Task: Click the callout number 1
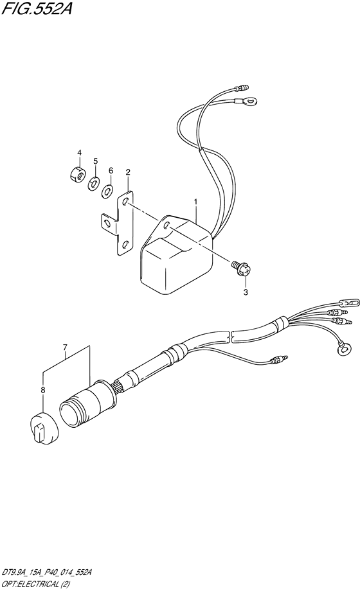click(x=195, y=202)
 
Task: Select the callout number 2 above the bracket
click(x=128, y=172)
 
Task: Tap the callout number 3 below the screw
click(x=246, y=292)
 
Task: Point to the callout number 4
click(x=79, y=153)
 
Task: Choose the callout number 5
click(x=96, y=161)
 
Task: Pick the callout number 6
click(x=111, y=170)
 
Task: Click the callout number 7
click(x=65, y=346)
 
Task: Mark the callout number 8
click(x=43, y=390)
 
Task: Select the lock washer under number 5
click(x=93, y=184)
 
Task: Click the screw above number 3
click(x=242, y=269)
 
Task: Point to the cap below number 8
click(x=44, y=428)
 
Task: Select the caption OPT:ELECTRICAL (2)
click(x=38, y=583)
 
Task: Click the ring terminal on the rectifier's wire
click(x=246, y=101)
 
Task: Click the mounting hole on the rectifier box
click(x=166, y=227)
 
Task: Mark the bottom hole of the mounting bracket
click(x=125, y=245)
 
